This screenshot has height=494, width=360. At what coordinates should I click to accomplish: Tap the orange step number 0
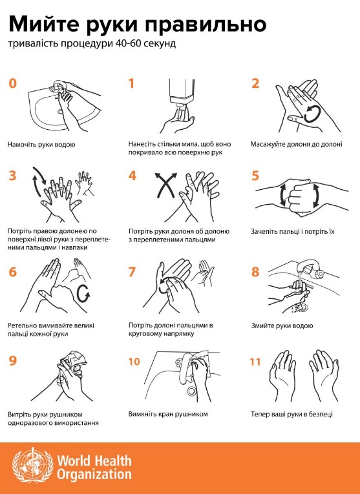13,84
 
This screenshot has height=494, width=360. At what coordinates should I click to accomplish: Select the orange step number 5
255,176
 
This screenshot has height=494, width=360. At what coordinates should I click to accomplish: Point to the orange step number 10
134,362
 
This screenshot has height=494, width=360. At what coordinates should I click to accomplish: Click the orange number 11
255,362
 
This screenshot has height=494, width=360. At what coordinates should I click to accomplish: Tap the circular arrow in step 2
312,114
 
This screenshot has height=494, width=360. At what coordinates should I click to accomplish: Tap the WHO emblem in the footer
33,465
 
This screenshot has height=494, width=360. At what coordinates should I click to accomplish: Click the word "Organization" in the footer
94,474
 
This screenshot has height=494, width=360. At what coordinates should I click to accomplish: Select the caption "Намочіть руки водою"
41,145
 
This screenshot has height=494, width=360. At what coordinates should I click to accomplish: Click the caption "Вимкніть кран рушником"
168,414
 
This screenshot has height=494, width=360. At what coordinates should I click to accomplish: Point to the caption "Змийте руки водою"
282,325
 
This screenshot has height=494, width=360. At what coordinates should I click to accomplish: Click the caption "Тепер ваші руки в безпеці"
291,414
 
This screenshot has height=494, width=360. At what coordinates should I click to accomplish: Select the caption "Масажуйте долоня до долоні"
296,144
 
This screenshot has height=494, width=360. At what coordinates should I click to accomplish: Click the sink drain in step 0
60,112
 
